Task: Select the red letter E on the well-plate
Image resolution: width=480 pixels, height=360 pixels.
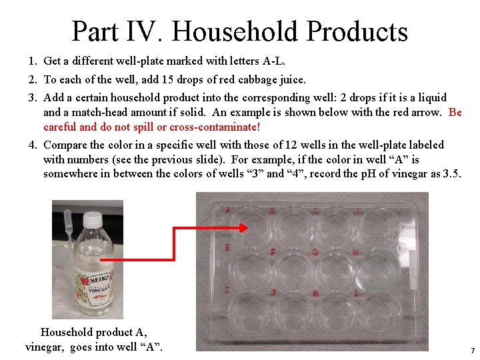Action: [x=228, y=247]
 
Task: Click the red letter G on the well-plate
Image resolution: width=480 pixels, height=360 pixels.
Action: [x=314, y=253]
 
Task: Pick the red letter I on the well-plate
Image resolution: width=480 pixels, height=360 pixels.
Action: [x=228, y=289]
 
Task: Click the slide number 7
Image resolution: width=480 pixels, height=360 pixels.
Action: [x=472, y=351]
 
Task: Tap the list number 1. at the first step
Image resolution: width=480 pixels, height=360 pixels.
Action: [x=33, y=61]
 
